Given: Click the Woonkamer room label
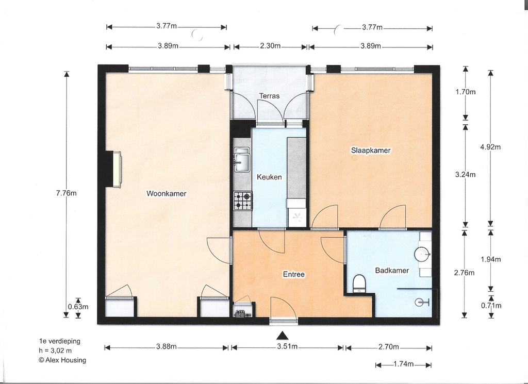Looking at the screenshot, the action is point(167,193).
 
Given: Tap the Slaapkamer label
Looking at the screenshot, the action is point(371,151).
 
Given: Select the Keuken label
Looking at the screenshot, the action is point(269,177).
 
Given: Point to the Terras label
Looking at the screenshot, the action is point(269,96).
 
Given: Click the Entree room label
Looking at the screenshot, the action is point(293,274).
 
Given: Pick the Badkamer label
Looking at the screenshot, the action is point(392,270).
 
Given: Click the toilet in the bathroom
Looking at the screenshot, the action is point(359,283).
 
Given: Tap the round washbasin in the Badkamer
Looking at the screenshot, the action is point(422,254).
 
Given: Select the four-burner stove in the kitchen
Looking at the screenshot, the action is point(243,201).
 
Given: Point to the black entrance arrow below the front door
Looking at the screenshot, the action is point(283,336).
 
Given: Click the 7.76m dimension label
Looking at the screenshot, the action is point(67,193).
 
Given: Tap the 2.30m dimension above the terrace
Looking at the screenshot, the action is point(270,46).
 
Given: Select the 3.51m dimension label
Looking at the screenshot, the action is point(287,347).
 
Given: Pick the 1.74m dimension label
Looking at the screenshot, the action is point(403,364).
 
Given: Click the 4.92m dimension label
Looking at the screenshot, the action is point(491,147).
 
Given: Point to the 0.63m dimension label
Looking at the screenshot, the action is point(78,307).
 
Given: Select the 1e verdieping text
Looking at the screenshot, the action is point(60,341).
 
